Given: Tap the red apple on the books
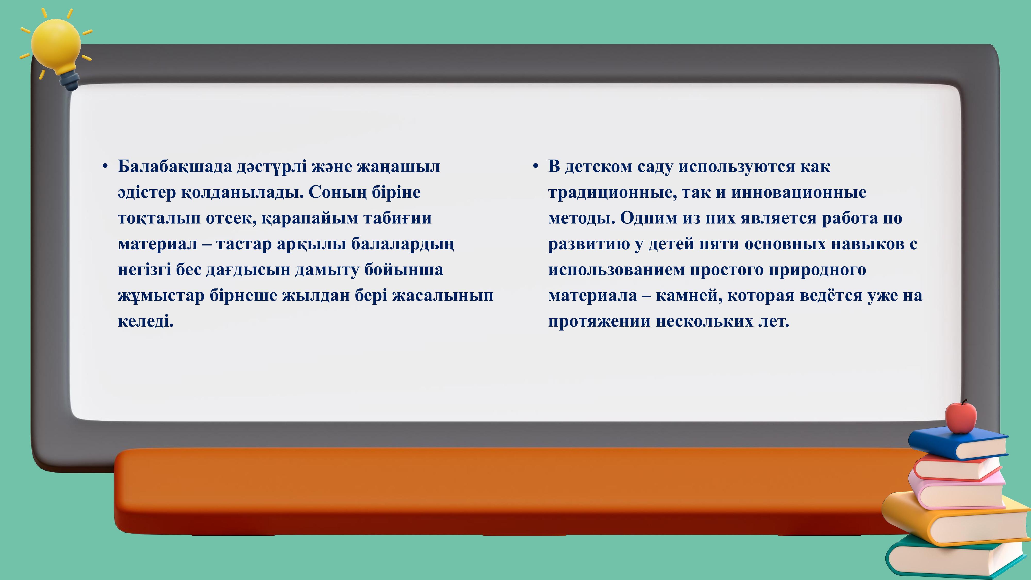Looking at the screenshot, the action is [961, 418].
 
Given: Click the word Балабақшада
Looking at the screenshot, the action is [175, 167].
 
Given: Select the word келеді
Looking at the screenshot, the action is [146, 321].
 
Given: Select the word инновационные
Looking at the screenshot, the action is [799, 193].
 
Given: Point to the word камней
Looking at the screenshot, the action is [689, 295].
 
